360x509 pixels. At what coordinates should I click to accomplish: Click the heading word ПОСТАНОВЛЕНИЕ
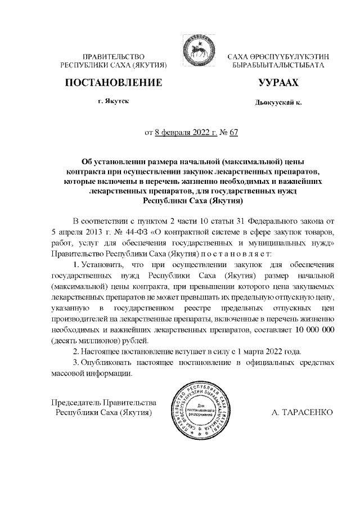tap(114, 83)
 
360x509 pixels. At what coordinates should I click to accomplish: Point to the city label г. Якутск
tap(114, 103)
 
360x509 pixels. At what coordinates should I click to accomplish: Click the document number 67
tap(235, 133)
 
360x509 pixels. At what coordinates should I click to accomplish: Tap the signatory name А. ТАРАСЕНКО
tap(302, 412)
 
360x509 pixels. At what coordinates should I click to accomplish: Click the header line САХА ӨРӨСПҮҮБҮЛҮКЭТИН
tap(278, 57)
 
